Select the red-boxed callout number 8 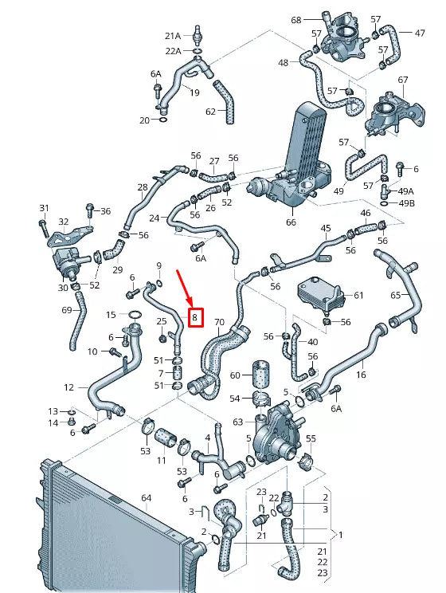195,318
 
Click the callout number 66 291,222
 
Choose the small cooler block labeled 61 320,294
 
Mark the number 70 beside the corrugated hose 219,323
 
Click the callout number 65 396,295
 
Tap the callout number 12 69,387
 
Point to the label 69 66,309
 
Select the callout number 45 326,229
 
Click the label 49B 406,203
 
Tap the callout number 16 361,374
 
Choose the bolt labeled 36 90,210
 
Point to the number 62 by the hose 210,112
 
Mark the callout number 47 419,33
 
